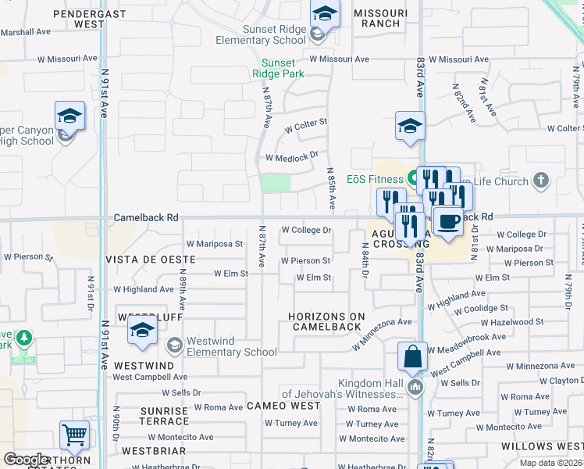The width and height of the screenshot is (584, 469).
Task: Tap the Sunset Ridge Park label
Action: [x=279, y=68]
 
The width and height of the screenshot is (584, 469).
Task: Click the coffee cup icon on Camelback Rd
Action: [x=447, y=222]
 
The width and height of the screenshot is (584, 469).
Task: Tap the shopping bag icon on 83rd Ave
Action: [x=412, y=358]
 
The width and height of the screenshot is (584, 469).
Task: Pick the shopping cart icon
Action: [x=74, y=434]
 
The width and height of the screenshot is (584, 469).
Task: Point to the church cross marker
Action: [x=539, y=181]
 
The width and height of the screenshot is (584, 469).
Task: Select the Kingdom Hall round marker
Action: [x=415, y=387]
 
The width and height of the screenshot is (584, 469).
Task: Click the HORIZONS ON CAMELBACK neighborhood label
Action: [x=326, y=321]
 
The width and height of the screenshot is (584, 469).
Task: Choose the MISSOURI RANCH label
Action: [x=380, y=18]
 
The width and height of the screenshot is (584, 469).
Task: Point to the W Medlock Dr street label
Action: [x=291, y=156]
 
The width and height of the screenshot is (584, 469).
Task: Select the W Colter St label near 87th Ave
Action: [x=305, y=124]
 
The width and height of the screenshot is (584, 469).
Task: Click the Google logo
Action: [x=26, y=460]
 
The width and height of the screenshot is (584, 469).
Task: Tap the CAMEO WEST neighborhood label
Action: [x=283, y=406]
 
